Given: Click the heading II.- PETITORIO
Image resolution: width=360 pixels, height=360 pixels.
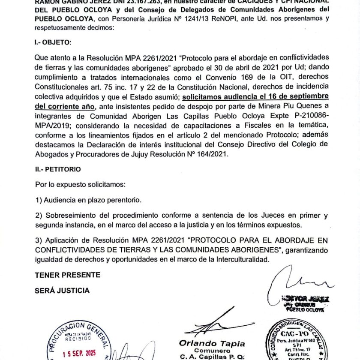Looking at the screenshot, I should click(57, 169).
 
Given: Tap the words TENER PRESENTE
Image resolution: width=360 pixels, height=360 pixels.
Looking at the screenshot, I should click(67, 275).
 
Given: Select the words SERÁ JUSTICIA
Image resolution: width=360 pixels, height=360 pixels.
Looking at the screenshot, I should click(62, 291).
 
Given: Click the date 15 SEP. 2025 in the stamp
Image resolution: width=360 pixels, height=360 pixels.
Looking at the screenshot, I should click(79, 354).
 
